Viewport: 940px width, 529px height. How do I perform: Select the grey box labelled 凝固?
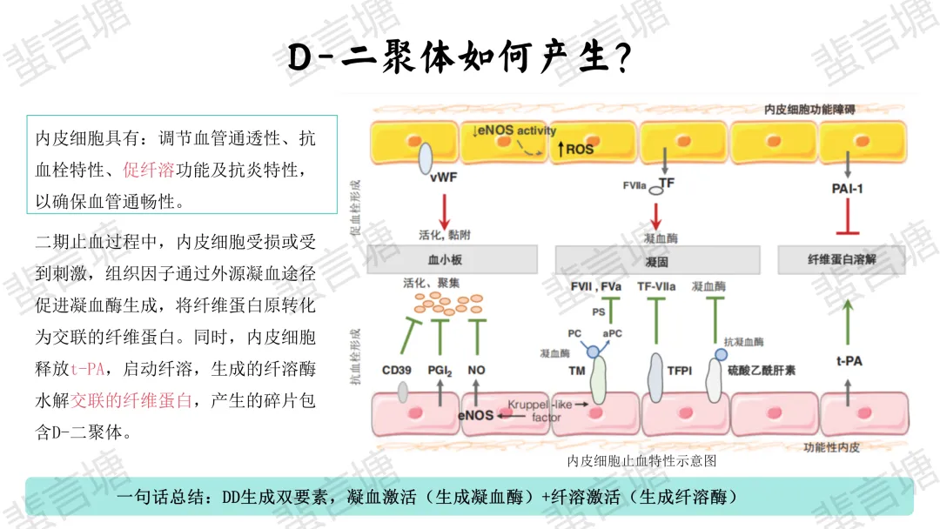(x=657, y=259)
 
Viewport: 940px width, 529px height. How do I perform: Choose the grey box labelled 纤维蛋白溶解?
(x=842, y=259)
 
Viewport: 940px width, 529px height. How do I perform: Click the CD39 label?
(x=397, y=371)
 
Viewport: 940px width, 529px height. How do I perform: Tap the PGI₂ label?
(x=440, y=371)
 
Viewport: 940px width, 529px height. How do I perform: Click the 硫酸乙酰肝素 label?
(x=762, y=371)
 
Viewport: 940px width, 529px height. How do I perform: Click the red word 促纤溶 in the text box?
(x=149, y=170)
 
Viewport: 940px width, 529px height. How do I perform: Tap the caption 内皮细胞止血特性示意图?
(x=641, y=460)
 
